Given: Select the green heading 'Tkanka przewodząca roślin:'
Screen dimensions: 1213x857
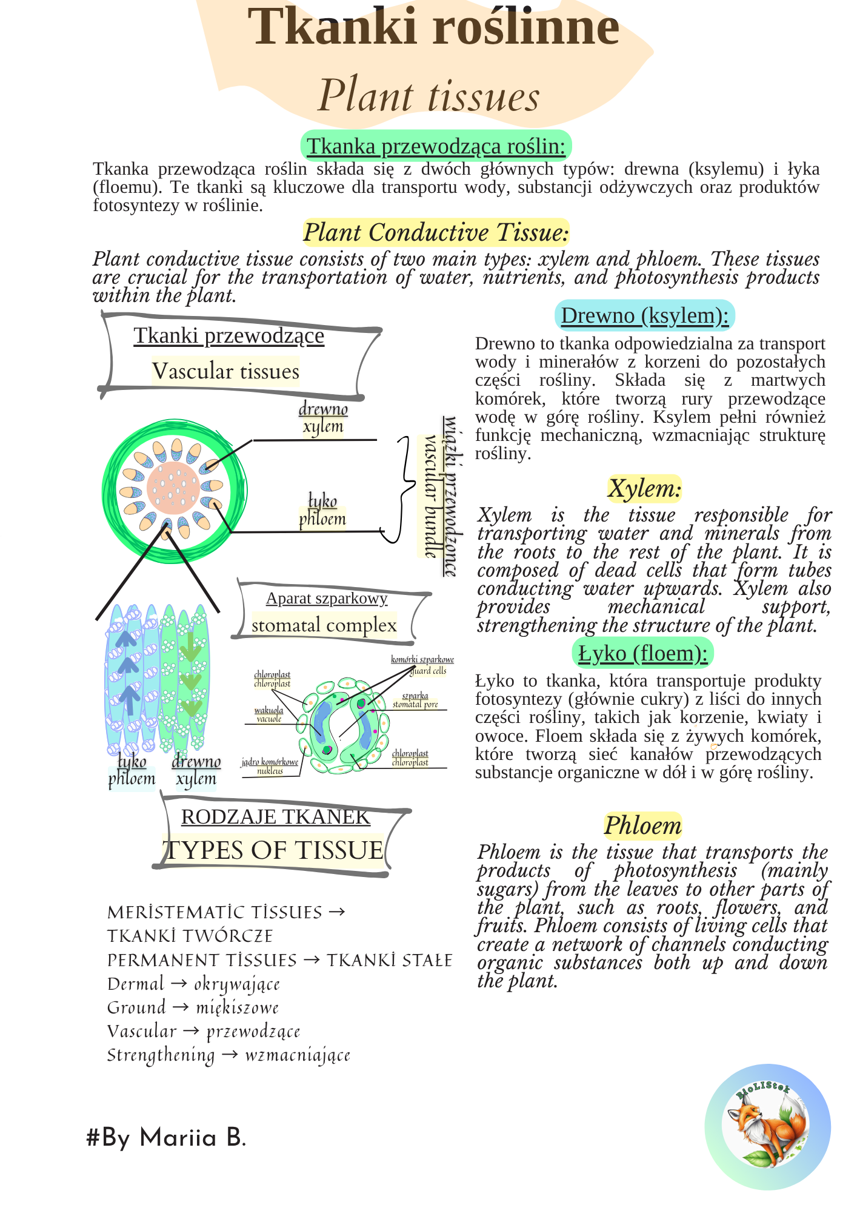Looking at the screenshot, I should (x=436, y=146).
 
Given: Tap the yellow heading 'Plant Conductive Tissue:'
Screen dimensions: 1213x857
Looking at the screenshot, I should (x=436, y=232).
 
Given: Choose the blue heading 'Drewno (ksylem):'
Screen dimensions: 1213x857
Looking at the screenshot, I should (x=644, y=315).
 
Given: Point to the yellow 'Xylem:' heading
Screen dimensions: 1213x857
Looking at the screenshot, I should (x=644, y=488).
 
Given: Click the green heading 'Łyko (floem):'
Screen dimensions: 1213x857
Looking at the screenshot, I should (x=642, y=653).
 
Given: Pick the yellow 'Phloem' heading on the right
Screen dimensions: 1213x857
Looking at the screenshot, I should (x=642, y=825).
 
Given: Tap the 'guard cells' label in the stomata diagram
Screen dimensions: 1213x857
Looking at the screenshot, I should (x=428, y=671).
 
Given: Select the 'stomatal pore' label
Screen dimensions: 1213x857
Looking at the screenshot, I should (x=415, y=705).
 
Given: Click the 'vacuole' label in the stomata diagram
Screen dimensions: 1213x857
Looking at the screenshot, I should (x=269, y=719).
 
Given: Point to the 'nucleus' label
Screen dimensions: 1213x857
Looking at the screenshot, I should (x=270, y=771).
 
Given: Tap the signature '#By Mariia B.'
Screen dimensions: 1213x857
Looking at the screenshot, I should (x=166, y=1138).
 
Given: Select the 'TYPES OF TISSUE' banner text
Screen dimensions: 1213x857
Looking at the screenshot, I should (x=274, y=850).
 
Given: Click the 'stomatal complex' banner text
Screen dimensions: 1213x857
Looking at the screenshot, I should (x=324, y=625).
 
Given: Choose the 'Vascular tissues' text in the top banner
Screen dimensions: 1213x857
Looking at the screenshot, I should (x=225, y=371).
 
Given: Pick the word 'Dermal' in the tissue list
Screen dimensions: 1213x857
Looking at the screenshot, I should (x=136, y=984).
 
